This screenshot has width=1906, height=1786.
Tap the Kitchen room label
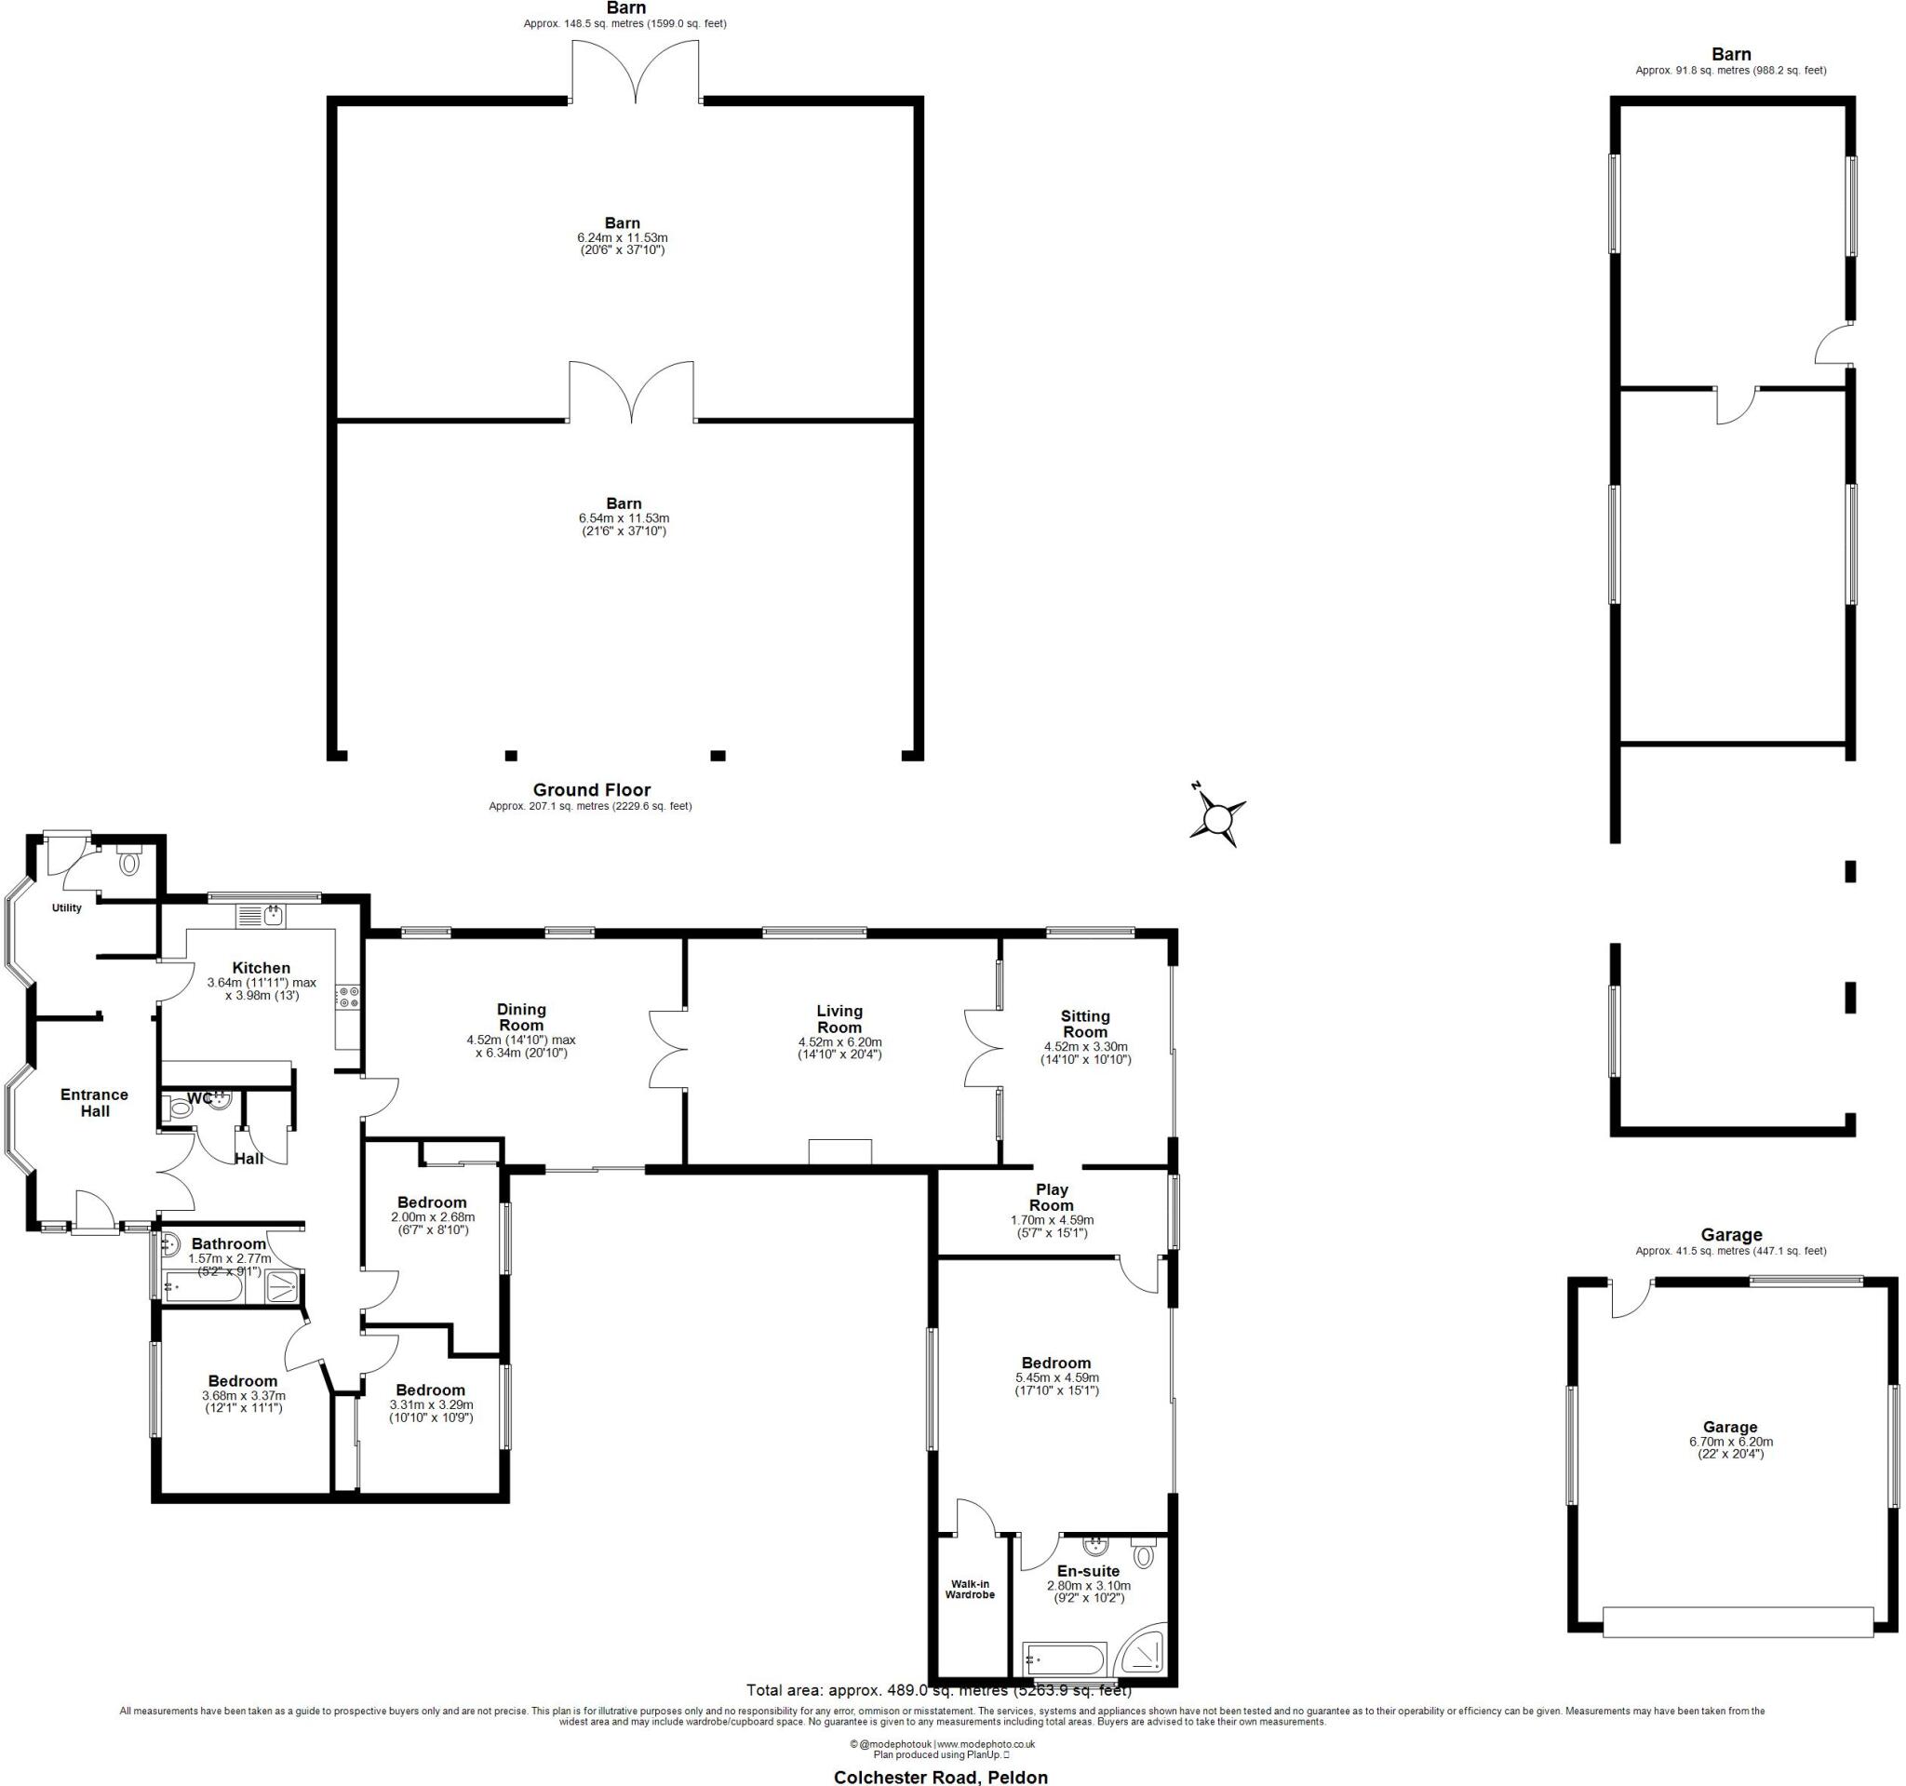click(x=261, y=968)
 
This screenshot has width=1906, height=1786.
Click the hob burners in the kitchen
click(x=346, y=997)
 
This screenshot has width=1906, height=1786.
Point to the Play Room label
click(x=1052, y=1198)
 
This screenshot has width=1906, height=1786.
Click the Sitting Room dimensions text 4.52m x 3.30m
click(x=1085, y=1047)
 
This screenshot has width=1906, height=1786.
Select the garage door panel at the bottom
click(x=1738, y=1622)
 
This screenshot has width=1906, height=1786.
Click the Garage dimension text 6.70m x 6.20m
click(x=1730, y=1442)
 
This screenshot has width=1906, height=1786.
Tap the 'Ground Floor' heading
click(x=592, y=790)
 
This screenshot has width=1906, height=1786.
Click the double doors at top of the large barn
click(x=636, y=72)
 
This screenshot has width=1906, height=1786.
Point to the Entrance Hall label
click(x=94, y=1103)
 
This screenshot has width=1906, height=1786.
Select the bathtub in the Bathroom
click(x=202, y=1289)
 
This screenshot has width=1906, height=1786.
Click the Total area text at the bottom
click(x=939, y=1690)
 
